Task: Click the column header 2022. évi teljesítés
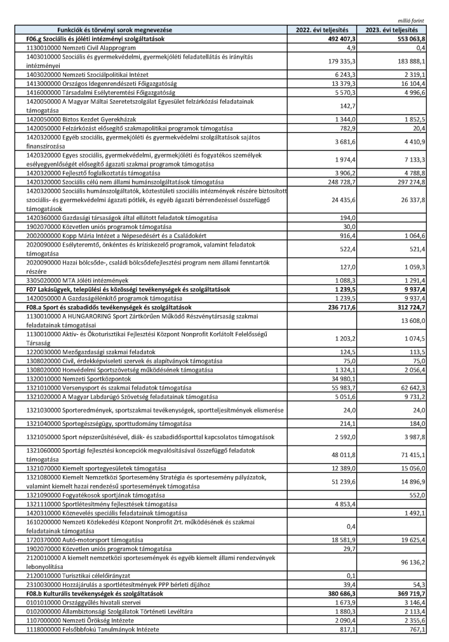click(x=322, y=30)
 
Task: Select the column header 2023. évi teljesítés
click(x=392, y=30)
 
